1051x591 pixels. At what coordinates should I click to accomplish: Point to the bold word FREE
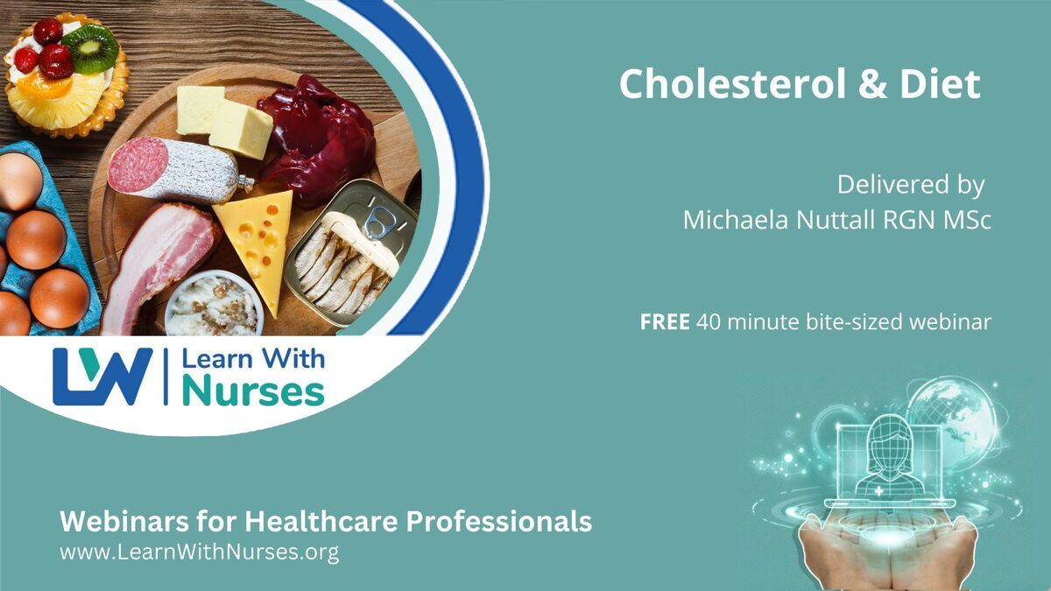[665, 322]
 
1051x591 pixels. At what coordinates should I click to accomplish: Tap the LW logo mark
[102, 376]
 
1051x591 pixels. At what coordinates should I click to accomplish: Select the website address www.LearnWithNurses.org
[200, 552]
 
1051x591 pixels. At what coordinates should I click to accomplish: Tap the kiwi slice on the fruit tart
[91, 48]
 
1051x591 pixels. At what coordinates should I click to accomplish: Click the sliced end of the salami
[137, 165]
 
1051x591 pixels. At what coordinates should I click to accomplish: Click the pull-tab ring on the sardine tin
[378, 222]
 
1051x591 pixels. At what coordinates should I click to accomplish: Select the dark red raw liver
[317, 141]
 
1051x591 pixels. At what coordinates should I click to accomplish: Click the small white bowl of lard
[214, 304]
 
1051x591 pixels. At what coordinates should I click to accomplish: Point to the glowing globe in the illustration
[953, 422]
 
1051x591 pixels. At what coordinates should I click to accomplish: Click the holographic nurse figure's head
[889, 439]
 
